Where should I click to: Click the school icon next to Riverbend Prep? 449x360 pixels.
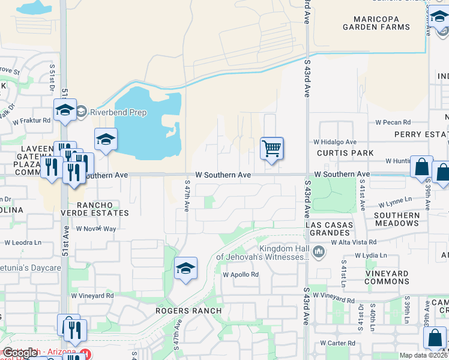click(65, 110)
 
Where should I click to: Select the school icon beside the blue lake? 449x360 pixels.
click(106, 140)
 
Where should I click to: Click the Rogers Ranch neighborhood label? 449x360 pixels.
click(188, 310)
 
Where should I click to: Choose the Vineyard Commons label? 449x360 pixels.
click(396, 277)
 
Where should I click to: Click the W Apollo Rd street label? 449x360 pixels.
click(240, 274)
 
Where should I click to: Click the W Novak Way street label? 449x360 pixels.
click(96, 229)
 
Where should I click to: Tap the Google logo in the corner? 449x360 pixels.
click(19, 353)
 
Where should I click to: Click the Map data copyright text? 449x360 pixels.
click(423, 355)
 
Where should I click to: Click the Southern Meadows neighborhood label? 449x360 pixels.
click(397, 219)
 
